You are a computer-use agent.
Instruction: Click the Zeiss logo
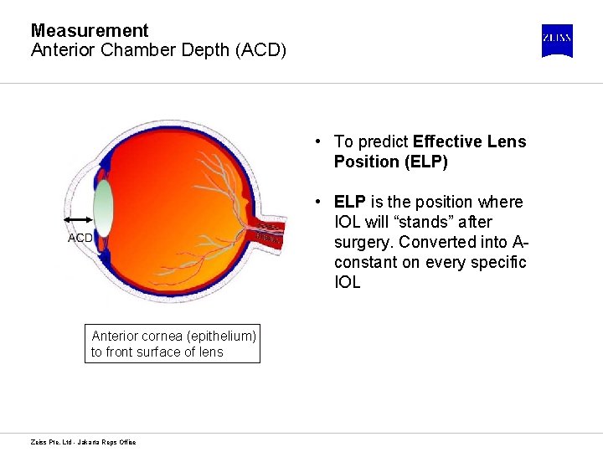[x=557, y=40]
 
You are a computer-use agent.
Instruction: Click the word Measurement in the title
[x=90, y=31]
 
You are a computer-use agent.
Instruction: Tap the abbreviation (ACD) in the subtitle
[x=261, y=50]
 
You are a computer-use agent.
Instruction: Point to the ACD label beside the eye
[x=80, y=238]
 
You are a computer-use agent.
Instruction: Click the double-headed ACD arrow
[x=78, y=219]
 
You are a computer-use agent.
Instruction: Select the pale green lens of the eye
[x=103, y=209]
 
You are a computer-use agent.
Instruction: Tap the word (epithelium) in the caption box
[x=215, y=336]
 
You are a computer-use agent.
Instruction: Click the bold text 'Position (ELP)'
[x=391, y=162]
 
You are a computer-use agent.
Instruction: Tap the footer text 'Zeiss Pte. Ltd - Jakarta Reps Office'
[x=83, y=442]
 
